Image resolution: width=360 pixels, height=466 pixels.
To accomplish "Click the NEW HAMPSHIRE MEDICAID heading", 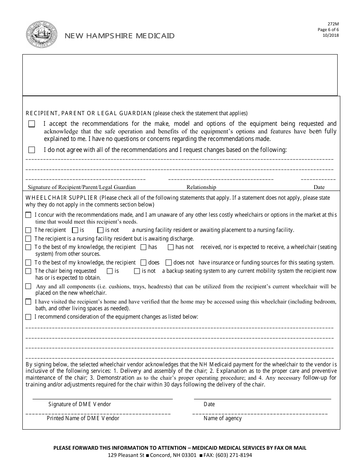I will click(x=120, y=36).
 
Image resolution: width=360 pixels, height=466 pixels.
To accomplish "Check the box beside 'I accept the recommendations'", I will click(x=32, y=124).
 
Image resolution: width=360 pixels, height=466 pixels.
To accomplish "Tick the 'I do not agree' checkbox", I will click(x=32, y=150).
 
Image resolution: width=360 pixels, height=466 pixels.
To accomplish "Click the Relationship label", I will click(x=201, y=187).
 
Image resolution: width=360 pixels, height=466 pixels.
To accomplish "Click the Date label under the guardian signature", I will click(x=319, y=187).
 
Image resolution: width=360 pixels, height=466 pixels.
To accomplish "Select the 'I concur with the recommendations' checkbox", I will click(x=28, y=215).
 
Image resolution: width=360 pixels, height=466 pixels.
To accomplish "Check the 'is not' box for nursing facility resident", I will click(x=100, y=230).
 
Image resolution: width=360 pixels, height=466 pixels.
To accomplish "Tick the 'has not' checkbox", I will click(x=171, y=247).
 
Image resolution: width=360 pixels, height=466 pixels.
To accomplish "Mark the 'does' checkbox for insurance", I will click(x=143, y=263).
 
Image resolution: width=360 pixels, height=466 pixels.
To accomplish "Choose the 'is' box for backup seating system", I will click(x=110, y=271).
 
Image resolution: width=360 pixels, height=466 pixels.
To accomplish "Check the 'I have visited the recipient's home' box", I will click(x=28, y=302).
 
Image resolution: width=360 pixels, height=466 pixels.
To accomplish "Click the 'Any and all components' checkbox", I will click(x=28, y=286).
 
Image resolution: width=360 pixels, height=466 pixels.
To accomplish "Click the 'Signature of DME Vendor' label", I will click(x=80, y=404).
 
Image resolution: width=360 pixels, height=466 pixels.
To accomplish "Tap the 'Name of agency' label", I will click(x=222, y=418).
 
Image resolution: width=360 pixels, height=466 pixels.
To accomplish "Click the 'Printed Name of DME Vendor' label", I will click(x=83, y=418).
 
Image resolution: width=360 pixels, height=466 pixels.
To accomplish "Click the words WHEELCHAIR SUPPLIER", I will click(x=62, y=198).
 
